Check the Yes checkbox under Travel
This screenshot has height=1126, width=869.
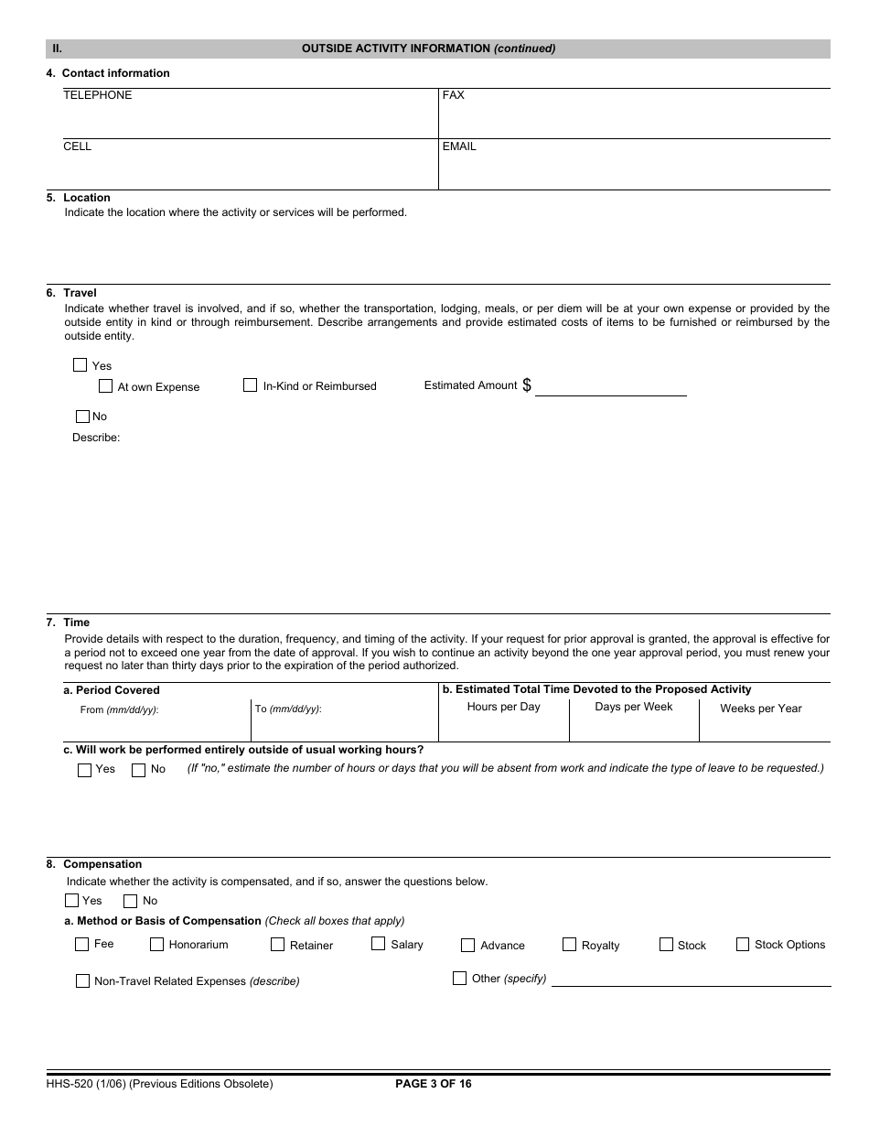pos(80,365)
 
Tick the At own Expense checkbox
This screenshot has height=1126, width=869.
pos(105,386)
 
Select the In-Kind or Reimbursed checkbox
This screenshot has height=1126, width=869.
pos(250,385)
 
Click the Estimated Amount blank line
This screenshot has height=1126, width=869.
pos(610,388)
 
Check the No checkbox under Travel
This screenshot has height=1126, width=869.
pos(82,417)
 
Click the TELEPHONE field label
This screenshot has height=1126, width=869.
pos(97,95)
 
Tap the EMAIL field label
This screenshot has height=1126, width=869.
pos(459,146)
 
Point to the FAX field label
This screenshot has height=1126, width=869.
pos(453,95)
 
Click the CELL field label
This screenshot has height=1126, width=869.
pos(77,146)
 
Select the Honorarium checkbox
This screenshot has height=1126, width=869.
pos(156,945)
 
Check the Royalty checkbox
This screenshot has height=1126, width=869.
pos(569,945)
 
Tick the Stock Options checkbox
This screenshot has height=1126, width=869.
pos(743,944)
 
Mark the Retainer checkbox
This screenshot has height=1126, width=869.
pos(277,945)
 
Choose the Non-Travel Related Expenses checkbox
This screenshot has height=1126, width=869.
pos(82,980)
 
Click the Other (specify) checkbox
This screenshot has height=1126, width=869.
pos(459,978)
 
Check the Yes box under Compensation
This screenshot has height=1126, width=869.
pos(71,900)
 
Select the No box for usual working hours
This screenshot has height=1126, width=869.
pos(138,770)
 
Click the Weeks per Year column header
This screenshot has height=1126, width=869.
pos(760,709)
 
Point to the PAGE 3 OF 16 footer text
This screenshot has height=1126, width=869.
pos(433,1084)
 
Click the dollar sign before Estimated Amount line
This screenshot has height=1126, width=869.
pos(527,385)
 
